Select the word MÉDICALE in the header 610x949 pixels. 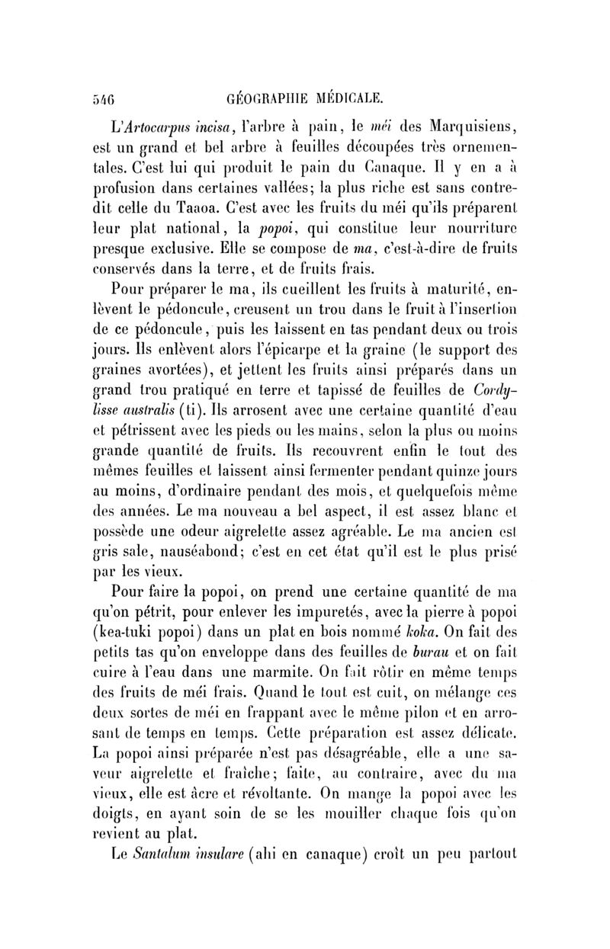(x=348, y=96)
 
